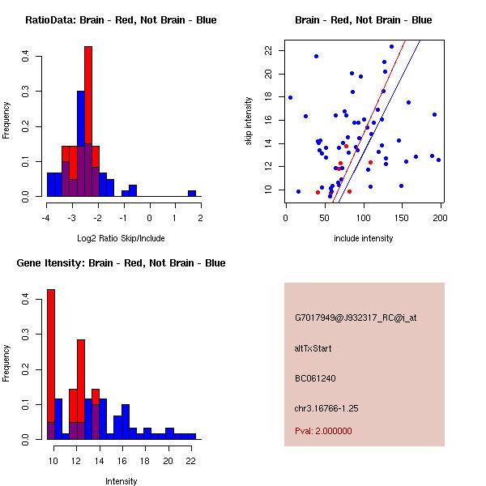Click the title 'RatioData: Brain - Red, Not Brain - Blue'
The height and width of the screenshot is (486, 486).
[x=121, y=20]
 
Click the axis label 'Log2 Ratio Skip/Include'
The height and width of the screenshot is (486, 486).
[x=121, y=238]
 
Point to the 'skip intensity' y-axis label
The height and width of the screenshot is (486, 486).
[x=249, y=121]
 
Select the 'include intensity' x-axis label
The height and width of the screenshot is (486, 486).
[x=363, y=238]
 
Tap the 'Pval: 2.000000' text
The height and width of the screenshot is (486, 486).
[x=323, y=431]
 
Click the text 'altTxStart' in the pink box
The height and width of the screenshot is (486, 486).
[x=313, y=348]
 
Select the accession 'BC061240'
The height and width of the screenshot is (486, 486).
[x=315, y=377]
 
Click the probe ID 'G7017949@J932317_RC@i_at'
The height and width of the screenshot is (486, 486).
[x=343, y=318]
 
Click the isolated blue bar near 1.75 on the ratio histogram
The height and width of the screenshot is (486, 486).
[x=192, y=194]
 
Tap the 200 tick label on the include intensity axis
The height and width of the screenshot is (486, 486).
[x=441, y=217]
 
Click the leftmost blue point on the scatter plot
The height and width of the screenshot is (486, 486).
[x=290, y=97]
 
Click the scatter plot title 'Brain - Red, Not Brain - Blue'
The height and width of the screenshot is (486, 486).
[x=363, y=20]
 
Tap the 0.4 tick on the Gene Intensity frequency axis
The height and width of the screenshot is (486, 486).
[x=27, y=299]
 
